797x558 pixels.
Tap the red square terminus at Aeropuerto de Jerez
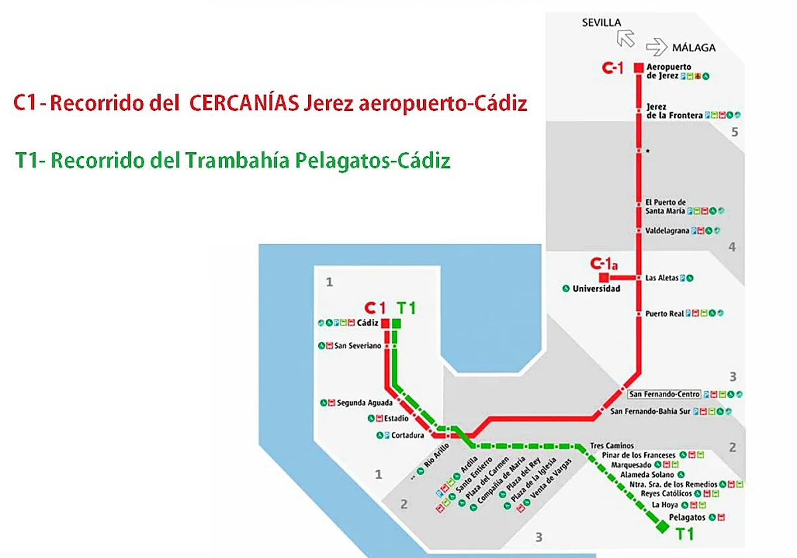click(638, 68)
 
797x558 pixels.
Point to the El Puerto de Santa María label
click(665, 207)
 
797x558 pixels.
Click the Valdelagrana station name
click(667, 231)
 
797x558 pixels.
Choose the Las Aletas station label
click(662, 278)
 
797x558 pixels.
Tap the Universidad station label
click(596, 289)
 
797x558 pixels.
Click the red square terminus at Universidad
click(604, 278)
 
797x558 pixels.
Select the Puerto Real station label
click(664, 314)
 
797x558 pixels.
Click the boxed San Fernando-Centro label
click(665, 395)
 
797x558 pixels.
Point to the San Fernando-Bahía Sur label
click(650, 412)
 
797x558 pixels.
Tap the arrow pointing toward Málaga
click(656, 47)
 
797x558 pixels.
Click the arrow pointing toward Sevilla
click(626, 37)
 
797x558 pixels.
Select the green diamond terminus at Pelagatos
click(662, 527)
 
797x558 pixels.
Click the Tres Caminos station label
click(612, 446)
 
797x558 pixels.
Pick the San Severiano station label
click(358, 346)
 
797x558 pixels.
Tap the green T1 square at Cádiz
click(397, 324)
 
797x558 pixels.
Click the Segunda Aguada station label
click(365, 403)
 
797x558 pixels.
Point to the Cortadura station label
click(407, 436)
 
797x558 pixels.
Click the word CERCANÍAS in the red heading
click(243, 104)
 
